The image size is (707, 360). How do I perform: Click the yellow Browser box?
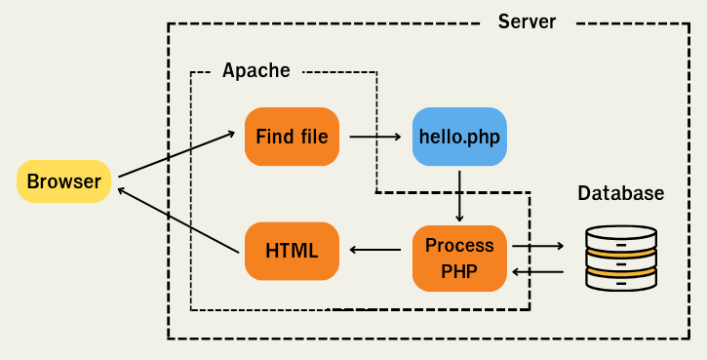point(63,181)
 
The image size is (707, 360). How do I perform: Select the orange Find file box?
point(292,136)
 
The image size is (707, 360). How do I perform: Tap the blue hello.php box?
point(459,136)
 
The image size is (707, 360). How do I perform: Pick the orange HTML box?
point(292,251)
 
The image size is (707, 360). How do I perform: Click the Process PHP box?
point(459,258)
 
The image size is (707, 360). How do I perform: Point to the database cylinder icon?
point(621,258)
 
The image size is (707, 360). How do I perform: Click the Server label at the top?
point(527,21)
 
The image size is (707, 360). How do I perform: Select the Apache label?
point(256,70)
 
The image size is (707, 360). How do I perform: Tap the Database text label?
point(621,193)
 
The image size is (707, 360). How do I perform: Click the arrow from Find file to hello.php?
point(375,136)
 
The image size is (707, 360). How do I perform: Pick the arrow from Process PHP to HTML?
point(375,251)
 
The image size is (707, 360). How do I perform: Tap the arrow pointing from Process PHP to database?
point(538,247)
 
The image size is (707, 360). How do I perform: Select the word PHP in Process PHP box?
point(459,270)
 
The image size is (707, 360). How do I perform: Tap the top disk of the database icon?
point(621,235)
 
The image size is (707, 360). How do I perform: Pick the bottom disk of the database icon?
point(621,281)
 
